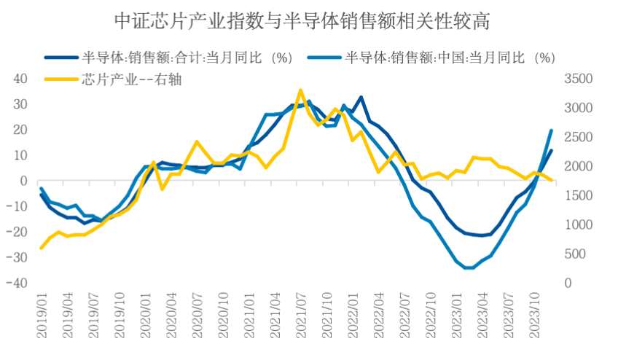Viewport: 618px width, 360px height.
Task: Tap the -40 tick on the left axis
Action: [17, 283]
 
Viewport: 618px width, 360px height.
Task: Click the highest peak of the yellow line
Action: [300, 90]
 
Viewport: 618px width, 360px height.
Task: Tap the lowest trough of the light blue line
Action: [467, 268]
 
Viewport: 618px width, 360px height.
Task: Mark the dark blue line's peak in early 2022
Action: [361, 97]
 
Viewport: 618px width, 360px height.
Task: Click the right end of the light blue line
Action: [552, 130]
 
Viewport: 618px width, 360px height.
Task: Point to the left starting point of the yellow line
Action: [42, 248]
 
